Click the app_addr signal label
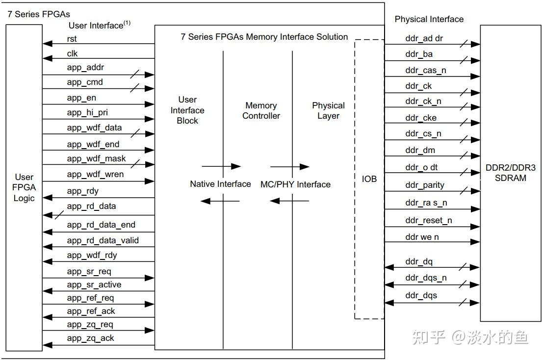point(85,67)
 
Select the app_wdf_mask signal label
point(96,158)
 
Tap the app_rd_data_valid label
point(103,240)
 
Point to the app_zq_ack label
point(90,338)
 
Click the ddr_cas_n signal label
point(426,70)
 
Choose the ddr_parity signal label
point(425,185)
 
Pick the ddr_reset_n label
point(429,220)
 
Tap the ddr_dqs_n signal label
point(426,278)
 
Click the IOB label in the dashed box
point(369,179)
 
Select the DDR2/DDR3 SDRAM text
point(511,173)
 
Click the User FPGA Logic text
point(24,187)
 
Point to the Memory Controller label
point(261,111)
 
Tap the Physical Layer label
point(328,111)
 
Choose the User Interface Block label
point(187,110)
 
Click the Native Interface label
point(220,184)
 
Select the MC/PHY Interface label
point(295,184)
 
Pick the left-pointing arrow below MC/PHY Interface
point(289,201)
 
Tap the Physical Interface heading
point(429,19)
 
